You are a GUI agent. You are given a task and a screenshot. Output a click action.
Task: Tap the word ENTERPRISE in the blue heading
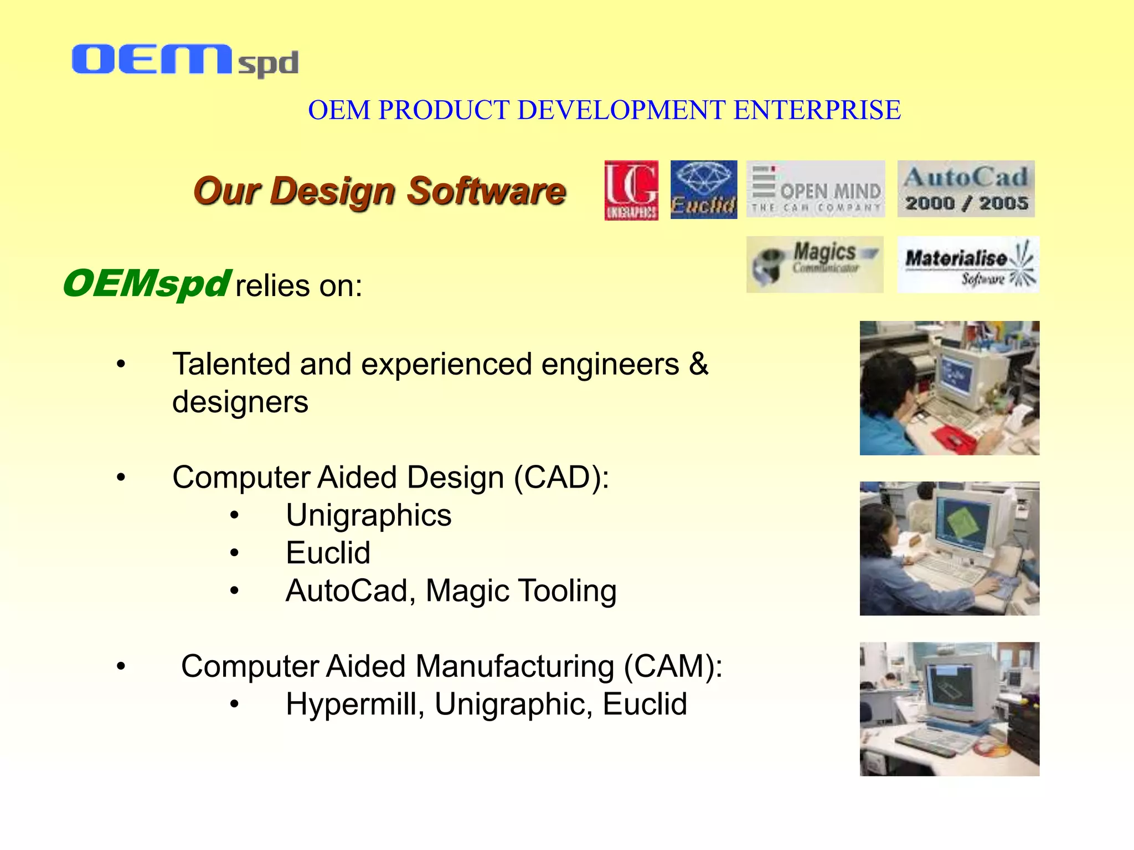(817, 110)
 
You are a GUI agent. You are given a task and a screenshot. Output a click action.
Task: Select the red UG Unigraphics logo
(631, 190)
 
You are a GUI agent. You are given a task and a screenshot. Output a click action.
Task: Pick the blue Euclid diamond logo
(703, 190)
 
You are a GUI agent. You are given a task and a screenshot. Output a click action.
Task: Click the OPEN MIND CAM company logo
(815, 189)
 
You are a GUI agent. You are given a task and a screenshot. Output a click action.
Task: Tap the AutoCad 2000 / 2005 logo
(966, 189)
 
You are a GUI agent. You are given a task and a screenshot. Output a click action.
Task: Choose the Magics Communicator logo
(815, 265)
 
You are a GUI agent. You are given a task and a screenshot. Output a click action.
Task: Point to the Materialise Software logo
(967, 265)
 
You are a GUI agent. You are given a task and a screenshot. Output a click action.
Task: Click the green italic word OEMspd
(146, 284)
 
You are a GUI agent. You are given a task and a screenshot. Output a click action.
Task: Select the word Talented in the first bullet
(231, 365)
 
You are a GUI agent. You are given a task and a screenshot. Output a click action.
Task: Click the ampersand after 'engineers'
(699, 365)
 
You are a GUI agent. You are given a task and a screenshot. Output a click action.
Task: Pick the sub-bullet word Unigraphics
(368, 516)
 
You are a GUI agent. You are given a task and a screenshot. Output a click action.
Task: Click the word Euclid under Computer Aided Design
(328, 553)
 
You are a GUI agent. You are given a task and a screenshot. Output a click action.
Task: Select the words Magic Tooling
(520, 591)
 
